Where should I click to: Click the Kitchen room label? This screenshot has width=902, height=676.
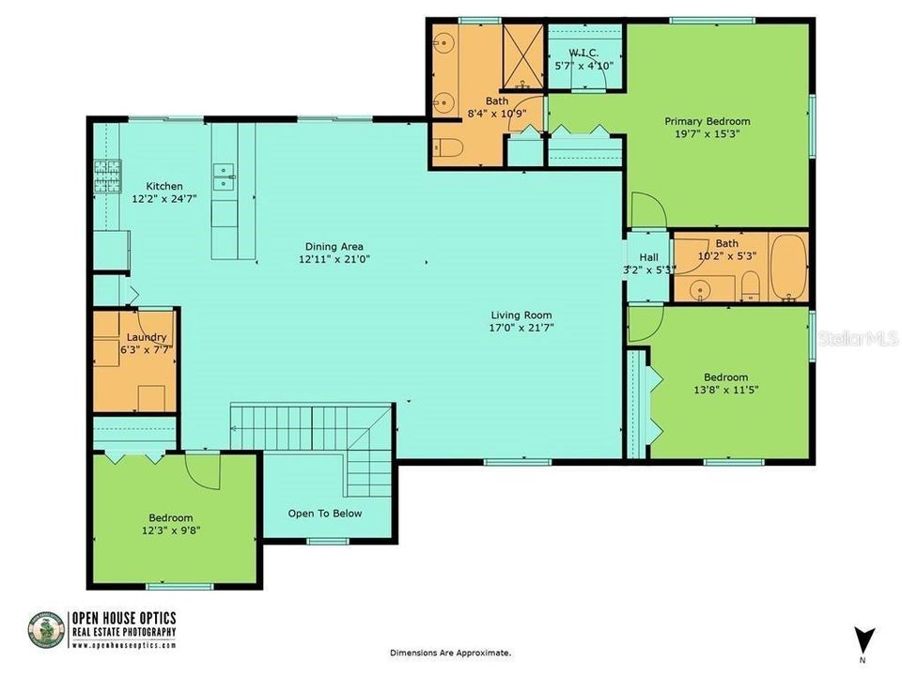click(163, 186)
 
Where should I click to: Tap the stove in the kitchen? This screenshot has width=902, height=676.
click(106, 175)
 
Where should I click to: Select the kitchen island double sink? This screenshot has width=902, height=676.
click(224, 172)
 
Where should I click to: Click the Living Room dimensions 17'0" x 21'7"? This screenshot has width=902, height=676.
click(521, 329)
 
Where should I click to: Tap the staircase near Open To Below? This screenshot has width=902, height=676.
click(310, 427)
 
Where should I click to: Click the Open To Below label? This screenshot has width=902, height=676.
click(324, 513)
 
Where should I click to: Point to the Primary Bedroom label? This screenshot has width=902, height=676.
click(707, 121)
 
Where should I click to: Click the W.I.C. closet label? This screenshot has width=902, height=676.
click(583, 53)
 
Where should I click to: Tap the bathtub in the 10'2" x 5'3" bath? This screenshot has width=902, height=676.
click(787, 267)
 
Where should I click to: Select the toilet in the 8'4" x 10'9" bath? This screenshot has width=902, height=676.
click(446, 147)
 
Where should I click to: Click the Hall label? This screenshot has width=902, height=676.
click(648, 257)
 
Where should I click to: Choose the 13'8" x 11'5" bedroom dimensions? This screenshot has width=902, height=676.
click(727, 389)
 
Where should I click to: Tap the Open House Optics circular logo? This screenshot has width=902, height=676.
click(46, 630)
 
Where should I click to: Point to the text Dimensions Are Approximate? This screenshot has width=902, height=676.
click(451, 652)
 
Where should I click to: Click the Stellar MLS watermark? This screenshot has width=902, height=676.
click(858, 336)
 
